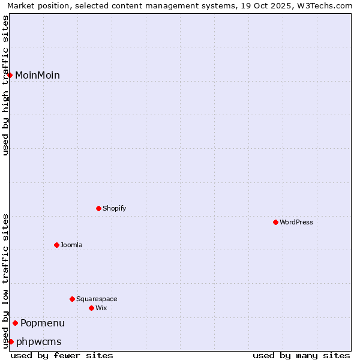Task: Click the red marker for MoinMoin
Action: point(10,75)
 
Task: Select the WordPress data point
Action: point(275,222)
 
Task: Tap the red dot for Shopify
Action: point(98,208)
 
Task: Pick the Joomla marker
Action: point(56,245)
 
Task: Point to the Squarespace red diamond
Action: point(72,299)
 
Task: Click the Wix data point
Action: point(91,308)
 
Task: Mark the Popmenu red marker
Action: point(15,323)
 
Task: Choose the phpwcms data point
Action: point(11,341)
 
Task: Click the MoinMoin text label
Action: point(37,75)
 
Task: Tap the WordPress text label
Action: point(296,222)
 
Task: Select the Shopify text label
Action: point(114,208)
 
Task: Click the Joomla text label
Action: point(71,245)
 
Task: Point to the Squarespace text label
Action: point(97,299)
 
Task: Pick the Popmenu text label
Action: point(43,323)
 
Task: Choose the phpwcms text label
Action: point(39,341)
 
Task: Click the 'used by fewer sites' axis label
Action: point(62,355)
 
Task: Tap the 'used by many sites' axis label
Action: point(301,355)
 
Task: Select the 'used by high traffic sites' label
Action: point(6,85)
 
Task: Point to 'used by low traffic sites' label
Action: point(6,281)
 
